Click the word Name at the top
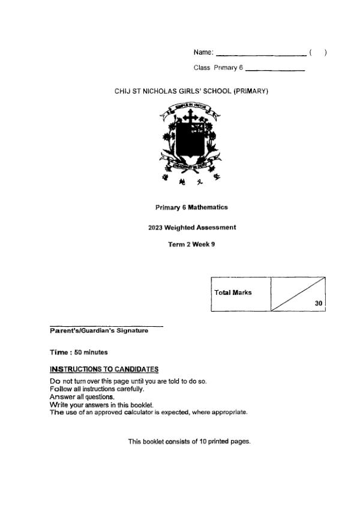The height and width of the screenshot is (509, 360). click(x=203, y=53)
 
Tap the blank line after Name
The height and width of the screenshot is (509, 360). click(x=261, y=55)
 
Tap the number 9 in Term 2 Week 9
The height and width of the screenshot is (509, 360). click(x=212, y=245)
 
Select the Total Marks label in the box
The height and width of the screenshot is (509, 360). click(x=233, y=293)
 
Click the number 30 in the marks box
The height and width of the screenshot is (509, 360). click(x=318, y=303)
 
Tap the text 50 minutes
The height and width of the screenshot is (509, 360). click(x=91, y=352)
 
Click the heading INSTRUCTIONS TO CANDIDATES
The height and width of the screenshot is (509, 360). click(x=104, y=369)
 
